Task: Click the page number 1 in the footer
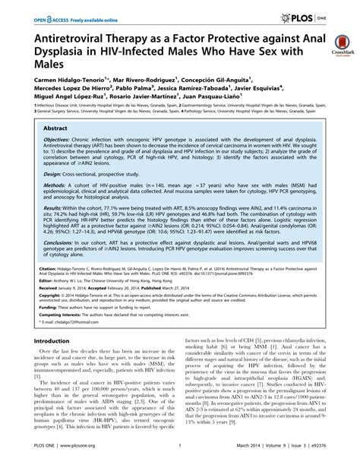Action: (x=178, y=455)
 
